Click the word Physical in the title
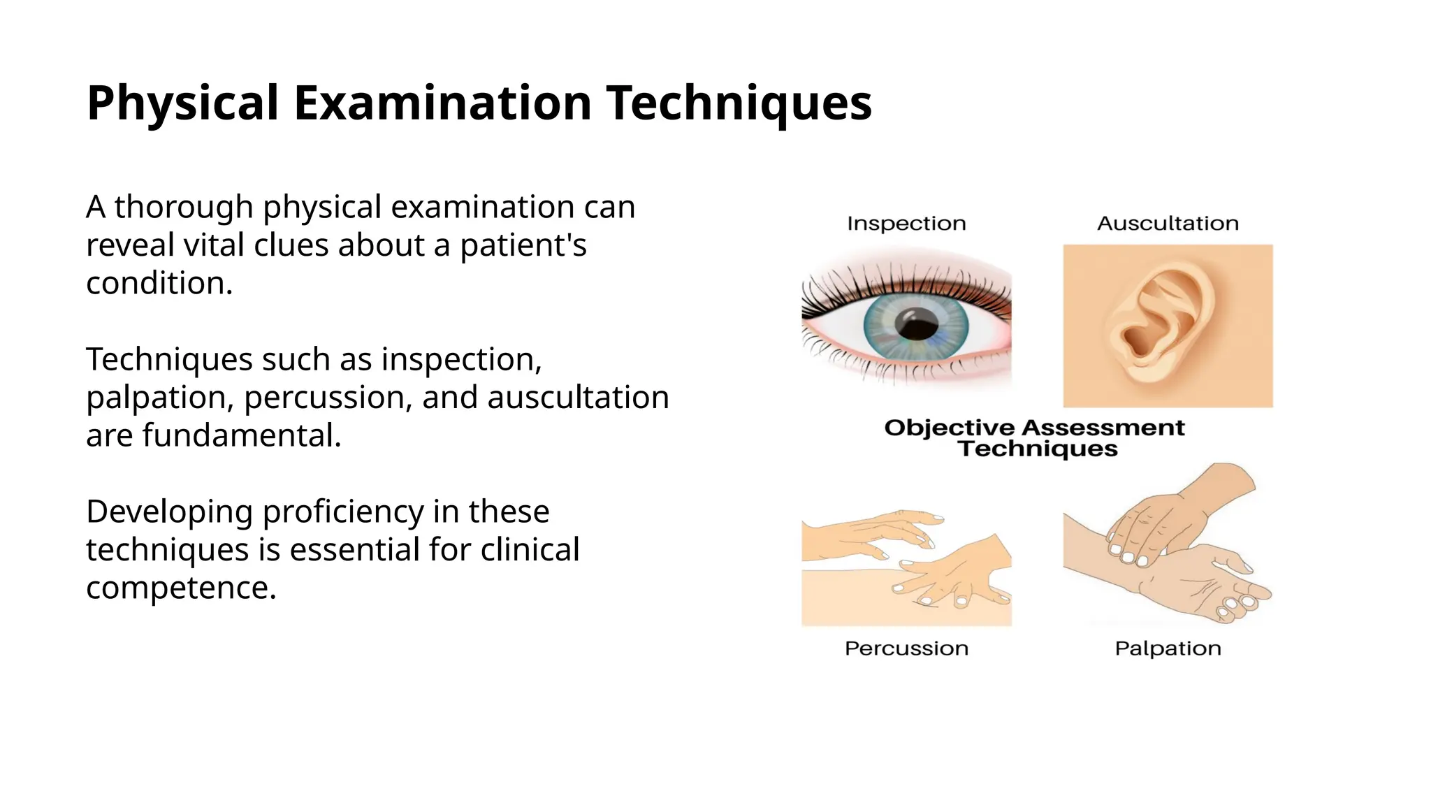pos(182,103)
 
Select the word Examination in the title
pos(442,103)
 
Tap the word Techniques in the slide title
pos(739,103)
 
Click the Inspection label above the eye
pos(906,224)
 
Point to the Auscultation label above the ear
pos(1168,224)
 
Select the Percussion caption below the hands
pos(906,648)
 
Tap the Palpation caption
pos(1168,648)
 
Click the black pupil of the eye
pos(917,325)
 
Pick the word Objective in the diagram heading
pos(949,428)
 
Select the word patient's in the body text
pos(523,245)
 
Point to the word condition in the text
pos(158,284)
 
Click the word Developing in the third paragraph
pos(169,512)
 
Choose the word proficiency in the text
pos(343,512)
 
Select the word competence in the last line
pos(181,588)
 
